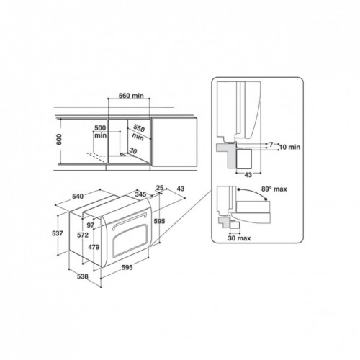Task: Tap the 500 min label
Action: point(100,130)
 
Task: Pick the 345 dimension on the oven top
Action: point(141,195)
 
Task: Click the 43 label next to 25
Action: point(180,189)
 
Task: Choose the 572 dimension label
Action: point(84,235)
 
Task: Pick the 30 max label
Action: point(238,238)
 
